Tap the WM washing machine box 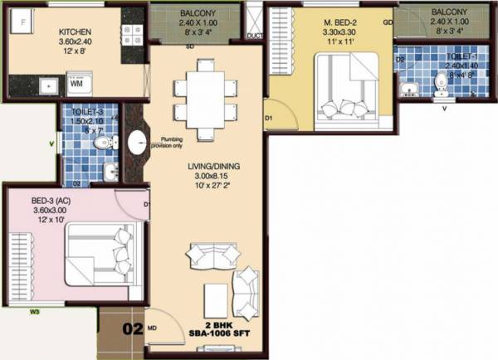click(76, 84)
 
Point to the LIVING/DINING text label click(213, 167)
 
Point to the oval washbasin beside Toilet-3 click(135, 142)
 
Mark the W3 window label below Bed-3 click(35, 313)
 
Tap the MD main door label click(151, 328)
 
